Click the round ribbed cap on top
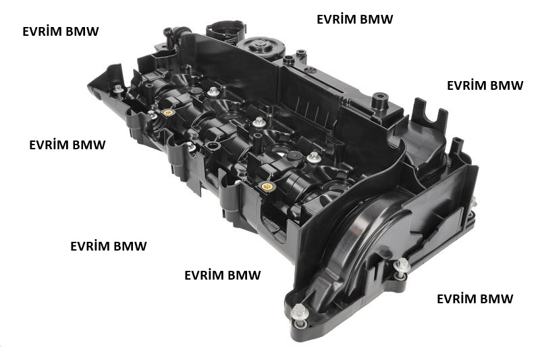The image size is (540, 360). (x=262, y=47)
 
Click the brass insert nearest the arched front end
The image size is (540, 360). (x=267, y=186)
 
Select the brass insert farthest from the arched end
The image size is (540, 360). (x=168, y=112)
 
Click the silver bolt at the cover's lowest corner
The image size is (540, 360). (x=298, y=313)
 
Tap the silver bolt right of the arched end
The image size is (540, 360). (x=401, y=266)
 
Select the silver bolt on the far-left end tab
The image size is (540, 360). (x=118, y=89)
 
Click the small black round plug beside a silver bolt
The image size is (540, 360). (x=294, y=156)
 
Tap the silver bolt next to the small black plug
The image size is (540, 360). (x=313, y=157)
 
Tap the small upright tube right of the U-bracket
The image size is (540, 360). (x=457, y=145)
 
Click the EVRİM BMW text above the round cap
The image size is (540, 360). (x=355, y=20)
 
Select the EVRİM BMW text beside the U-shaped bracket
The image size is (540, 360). (x=485, y=85)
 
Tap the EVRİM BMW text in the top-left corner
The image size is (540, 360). (x=61, y=31)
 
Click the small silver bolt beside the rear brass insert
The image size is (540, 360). (x=152, y=113)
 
